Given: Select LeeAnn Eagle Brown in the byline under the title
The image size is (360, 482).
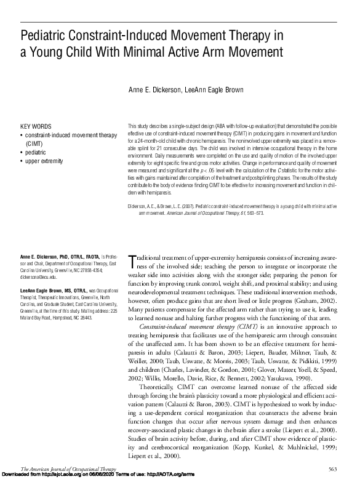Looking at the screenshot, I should [208, 90].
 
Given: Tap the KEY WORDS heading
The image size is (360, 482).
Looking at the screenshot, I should [36, 127].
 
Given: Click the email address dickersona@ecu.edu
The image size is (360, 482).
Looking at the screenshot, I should [43, 278].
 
